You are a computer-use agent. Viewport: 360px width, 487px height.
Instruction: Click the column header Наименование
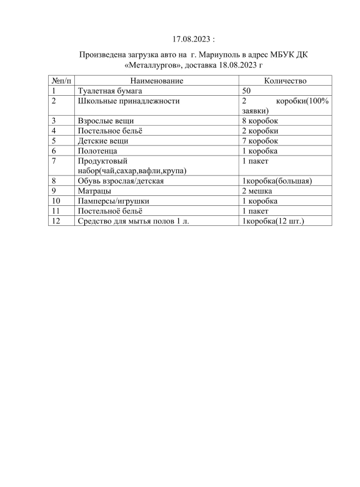click(x=156, y=81)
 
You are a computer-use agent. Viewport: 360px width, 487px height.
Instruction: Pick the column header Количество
click(x=285, y=81)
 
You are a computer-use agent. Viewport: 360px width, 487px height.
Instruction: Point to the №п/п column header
click(x=61, y=81)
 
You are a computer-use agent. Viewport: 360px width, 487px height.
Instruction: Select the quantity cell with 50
click(x=247, y=91)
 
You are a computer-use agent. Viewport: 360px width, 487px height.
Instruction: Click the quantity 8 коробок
click(x=260, y=121)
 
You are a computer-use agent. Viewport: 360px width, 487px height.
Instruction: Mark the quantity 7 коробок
click(x=260, y=141)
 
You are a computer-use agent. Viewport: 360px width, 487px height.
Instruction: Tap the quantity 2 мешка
click(x=257, y=190)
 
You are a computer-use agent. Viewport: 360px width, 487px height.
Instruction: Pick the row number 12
click(x=55, y=221)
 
